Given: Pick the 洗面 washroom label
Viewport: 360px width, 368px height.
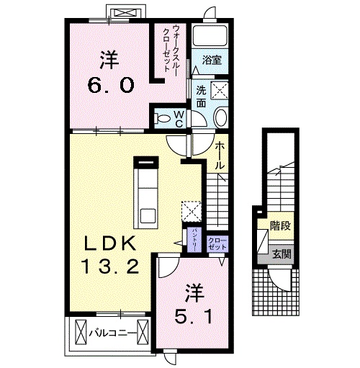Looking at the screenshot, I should point(202,97).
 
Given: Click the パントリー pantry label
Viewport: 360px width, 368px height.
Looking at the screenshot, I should point(194,238).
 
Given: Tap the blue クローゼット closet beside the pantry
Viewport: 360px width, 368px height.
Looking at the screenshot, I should point(216,243).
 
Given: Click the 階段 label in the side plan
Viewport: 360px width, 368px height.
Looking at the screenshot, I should point(280,226).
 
